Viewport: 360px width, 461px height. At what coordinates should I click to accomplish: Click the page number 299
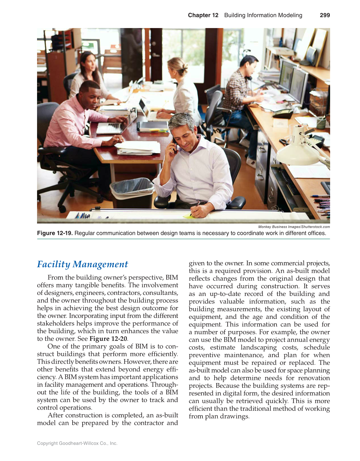click(x=324, y=15)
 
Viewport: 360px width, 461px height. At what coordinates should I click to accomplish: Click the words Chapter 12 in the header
click(x=203, y=15)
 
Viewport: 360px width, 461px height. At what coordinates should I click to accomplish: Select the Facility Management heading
click(x=83, y=264)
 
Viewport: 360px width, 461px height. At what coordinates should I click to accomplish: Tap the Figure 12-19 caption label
click(x=55, y=233)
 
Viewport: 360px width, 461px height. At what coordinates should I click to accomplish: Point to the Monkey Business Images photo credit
click(x=294, y=227)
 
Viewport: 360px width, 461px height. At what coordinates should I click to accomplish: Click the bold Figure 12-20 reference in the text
click(x=108, y=339)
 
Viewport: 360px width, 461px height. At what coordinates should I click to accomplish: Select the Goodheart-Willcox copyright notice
click(x=77, y=443)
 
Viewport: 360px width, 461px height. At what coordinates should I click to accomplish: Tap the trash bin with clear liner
click(x=132, y=191)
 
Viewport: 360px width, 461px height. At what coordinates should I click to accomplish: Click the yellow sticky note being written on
click(x=187, y=215)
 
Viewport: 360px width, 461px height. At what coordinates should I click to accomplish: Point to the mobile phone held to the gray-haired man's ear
click(x=175, y=145)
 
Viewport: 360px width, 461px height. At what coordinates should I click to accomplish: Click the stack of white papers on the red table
click(x=139, y=148)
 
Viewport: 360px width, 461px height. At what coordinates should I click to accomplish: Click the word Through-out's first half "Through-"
click(x=164, y=385)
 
